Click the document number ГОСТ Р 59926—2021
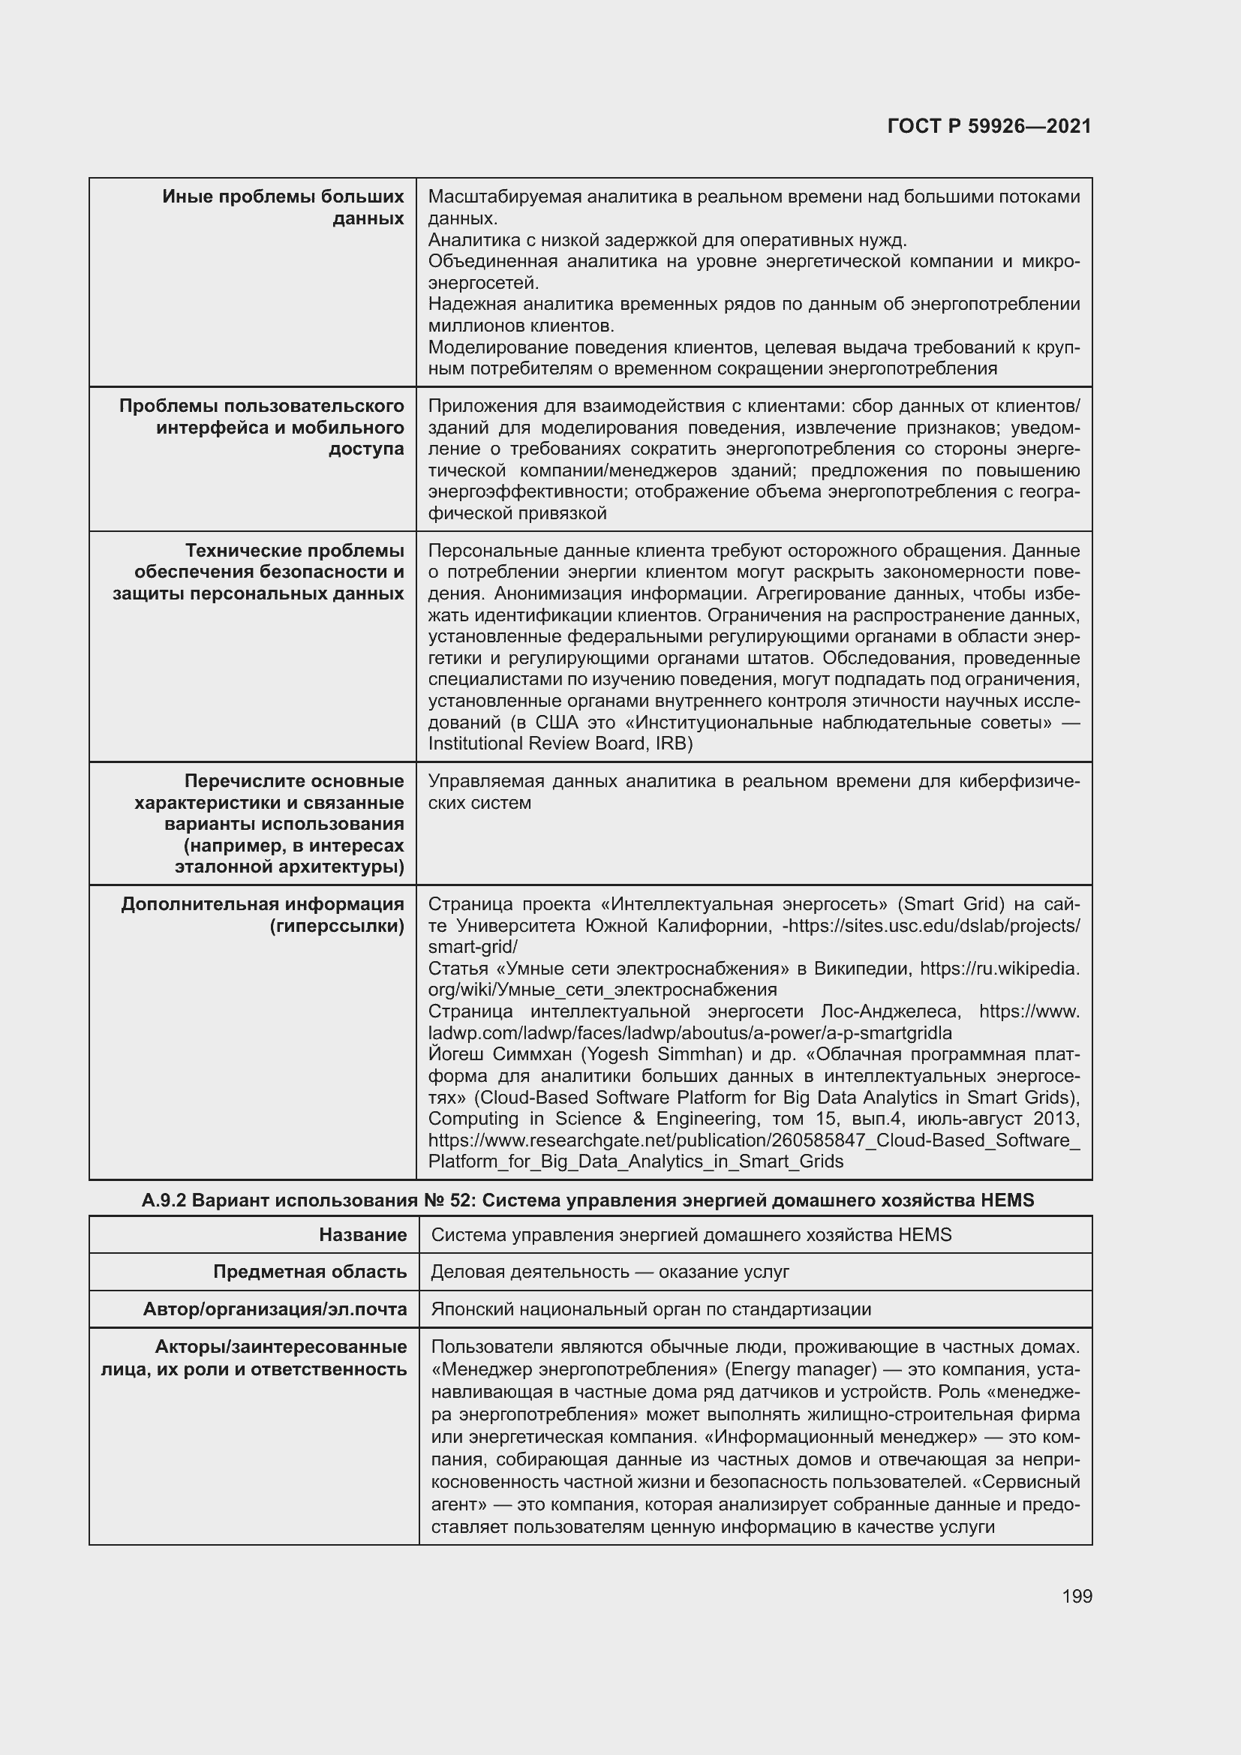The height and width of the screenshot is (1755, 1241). tap(989, 126)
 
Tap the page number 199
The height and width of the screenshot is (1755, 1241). tap(1077, 1596)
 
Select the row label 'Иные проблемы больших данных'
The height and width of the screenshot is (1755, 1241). tap(284, 207)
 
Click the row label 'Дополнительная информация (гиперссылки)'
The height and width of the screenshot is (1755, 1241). tap(262, 915)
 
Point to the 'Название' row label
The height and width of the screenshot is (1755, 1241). tap(363, 1234)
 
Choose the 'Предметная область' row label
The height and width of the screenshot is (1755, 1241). tap(309, 1271)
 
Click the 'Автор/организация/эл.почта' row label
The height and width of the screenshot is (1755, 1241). tap(275, 1309)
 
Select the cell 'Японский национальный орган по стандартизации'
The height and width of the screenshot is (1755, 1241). tap(651, 1309)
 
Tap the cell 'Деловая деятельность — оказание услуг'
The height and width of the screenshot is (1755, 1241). tap(610, 1271)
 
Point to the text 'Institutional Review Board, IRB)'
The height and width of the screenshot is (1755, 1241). tap(560, 744)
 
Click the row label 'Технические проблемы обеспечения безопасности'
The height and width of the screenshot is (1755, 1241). tap(258, 572)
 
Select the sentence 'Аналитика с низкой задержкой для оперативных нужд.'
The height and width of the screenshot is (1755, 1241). tap(667, 240)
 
